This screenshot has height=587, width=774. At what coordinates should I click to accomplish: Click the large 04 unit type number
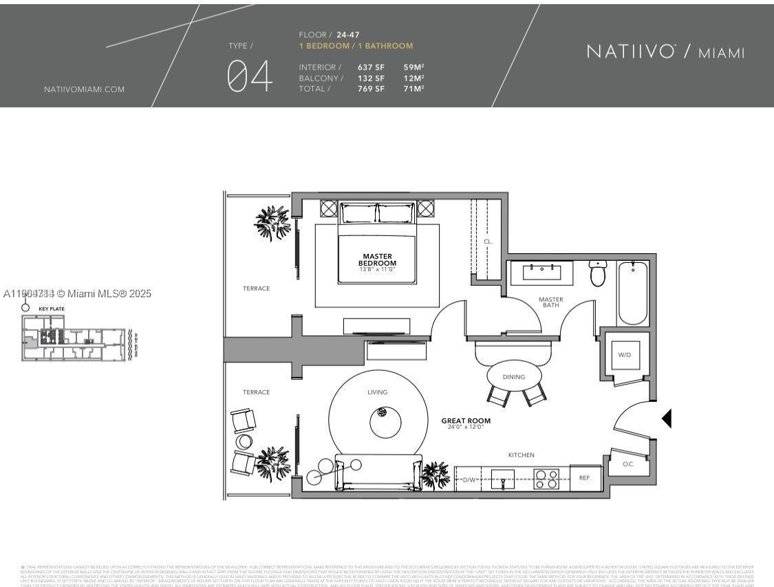pos(250,76)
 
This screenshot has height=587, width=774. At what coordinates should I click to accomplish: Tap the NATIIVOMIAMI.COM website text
pos(84,89)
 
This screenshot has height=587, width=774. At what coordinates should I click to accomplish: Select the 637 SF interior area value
pos(371,67)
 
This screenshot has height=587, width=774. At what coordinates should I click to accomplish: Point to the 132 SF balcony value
pos(371,78)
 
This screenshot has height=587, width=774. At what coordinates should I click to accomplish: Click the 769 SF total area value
pos(371,89)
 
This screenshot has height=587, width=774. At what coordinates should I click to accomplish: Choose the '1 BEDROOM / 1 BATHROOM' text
pos(356,46)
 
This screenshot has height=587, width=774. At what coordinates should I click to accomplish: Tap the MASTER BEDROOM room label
pos(377,260)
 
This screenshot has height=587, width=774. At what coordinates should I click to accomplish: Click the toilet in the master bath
pos(597,273)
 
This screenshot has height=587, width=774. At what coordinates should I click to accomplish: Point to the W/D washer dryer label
pos(625,355)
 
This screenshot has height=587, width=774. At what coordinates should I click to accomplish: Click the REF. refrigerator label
pos(585,477)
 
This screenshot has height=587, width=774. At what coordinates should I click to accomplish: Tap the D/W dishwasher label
pos(470,480)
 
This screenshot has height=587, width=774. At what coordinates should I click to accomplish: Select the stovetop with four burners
pos(546,478)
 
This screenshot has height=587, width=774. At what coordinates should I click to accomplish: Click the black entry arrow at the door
pos(666,418)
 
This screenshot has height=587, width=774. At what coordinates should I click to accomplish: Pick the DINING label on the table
pos(514,377)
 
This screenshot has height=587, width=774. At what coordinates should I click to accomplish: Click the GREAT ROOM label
pos(466,420)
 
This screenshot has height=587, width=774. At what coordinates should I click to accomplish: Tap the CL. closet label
pos(488,242)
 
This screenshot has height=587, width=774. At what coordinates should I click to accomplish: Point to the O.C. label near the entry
pos(628,464)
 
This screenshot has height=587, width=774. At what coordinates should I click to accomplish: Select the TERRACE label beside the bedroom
pos(256,288)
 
